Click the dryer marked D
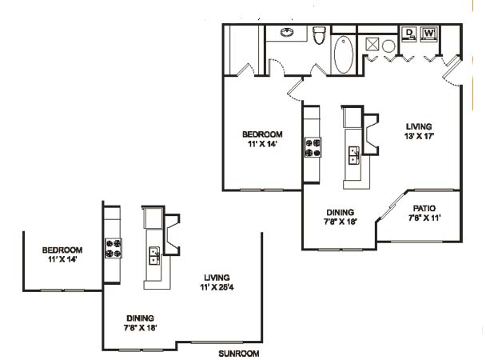(x=409, y=34)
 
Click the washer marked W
(x=428, y=34)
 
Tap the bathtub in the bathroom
(x=344, y=54)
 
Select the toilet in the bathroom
(x=319, y=34)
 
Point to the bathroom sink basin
(x=287, y=32)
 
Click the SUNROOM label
(x=239, y=354)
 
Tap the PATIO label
(x=424, y=208)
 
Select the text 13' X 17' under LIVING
(x=419, y=136)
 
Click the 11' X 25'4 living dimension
(x=217, y=287)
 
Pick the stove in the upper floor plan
(x=313, y=147)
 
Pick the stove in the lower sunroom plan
(x=114, y=248)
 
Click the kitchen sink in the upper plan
(x=354, y=155)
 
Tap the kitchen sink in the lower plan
(x=154, y=256)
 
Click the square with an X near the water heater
(x=372, y=44)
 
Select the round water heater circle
(x=388, y=46)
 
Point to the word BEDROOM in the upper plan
(x=262, y=134)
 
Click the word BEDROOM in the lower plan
(x=62, y=250)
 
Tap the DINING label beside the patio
(x=341, y=213)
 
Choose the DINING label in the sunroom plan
(x=140, y=318)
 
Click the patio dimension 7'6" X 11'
(x=424, y=218)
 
